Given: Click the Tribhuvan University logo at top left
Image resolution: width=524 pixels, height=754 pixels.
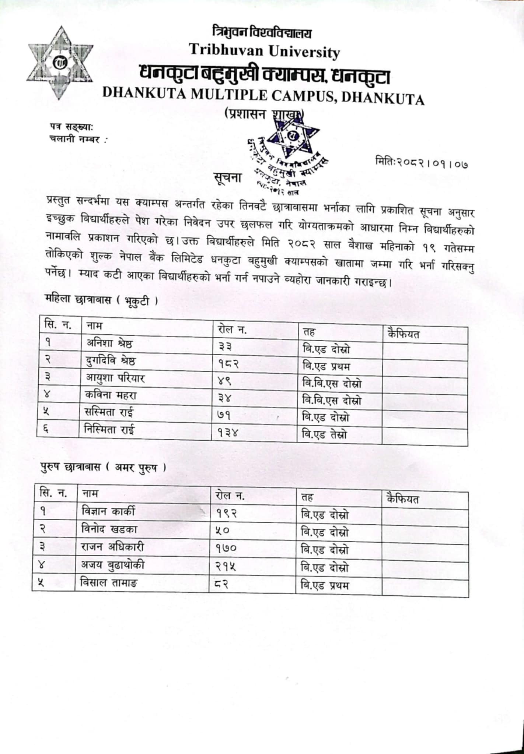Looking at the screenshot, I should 60,63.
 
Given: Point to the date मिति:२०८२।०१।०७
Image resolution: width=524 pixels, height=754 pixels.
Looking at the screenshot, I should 422,162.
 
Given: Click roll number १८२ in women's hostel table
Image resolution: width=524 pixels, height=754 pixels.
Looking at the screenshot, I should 228,364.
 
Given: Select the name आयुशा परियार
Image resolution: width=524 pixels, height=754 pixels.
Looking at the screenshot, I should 115,378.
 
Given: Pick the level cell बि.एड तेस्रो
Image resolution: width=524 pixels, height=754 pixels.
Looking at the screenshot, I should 324,435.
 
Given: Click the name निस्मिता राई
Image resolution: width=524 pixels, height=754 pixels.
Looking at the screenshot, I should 109,430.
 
